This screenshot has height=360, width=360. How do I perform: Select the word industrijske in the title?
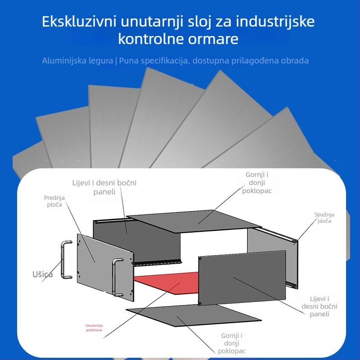coord(275,22)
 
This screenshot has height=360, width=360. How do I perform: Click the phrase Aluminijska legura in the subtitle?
coord(77,60)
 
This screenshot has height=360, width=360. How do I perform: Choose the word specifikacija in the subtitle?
coord(161,60)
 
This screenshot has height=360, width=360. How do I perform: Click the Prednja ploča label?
coord(54,201)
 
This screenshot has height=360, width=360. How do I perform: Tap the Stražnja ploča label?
coord(324,218)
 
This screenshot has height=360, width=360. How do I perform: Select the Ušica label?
coord(42,274)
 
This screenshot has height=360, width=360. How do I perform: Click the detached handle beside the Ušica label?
coord(66,260)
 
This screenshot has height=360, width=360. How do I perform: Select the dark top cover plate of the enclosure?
coord(193,223)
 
